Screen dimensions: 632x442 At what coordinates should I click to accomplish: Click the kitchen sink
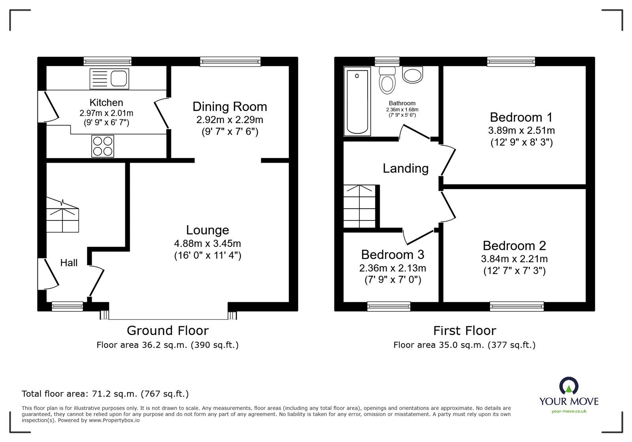[x=109, y=79]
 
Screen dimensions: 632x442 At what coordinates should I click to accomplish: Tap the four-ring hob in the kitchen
[x=103, y=146]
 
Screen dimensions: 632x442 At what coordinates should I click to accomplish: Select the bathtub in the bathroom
[x=357, y=101]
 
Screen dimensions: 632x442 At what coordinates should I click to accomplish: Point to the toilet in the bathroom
[x=387, y=80]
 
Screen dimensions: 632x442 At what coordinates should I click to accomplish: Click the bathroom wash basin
[x=412, y=75]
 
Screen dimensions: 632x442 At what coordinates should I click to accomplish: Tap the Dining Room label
[x=229, y=107]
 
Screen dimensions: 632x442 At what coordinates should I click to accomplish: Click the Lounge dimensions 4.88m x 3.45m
[x=208, y=243]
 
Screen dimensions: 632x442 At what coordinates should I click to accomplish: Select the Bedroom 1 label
[x=521, y=117]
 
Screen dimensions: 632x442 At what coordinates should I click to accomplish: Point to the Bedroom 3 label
[x=393, y=255]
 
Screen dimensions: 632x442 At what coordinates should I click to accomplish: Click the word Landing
[x=405, y=168]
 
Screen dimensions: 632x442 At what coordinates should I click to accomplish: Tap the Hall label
[x=69, y=263]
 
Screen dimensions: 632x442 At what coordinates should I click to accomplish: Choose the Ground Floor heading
[x=167, y=331]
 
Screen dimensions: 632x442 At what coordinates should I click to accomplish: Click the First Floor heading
[x=465, y=331]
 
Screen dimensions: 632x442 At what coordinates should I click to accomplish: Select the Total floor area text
[x=105, y=393]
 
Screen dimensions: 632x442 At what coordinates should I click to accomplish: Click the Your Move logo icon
[x=569, y=386]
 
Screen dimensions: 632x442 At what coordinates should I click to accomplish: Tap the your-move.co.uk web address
[x=569, y=411]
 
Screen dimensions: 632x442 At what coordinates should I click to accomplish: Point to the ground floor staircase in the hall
[x=62, y=215]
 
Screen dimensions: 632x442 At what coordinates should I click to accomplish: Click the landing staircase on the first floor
[x=359, y=206]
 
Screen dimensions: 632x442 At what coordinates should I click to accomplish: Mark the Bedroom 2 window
[x=517, y=307]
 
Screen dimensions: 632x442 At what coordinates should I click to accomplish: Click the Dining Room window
[x=230, y=62]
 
